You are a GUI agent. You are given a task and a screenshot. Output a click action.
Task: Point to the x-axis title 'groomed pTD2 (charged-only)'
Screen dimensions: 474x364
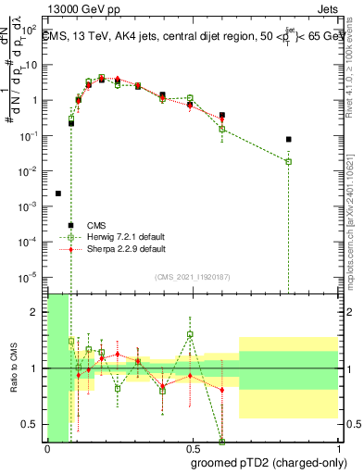tap(268, 463)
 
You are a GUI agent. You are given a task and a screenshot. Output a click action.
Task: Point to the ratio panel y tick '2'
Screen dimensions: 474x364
tap(38, 312)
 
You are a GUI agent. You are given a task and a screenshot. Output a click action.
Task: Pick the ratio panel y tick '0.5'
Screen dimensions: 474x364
tap(33, 424)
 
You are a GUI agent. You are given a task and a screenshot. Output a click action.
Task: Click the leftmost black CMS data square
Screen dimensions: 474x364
tap(58, 193)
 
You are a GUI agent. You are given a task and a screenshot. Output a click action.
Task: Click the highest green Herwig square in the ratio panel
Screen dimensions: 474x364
tap(190, 334)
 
